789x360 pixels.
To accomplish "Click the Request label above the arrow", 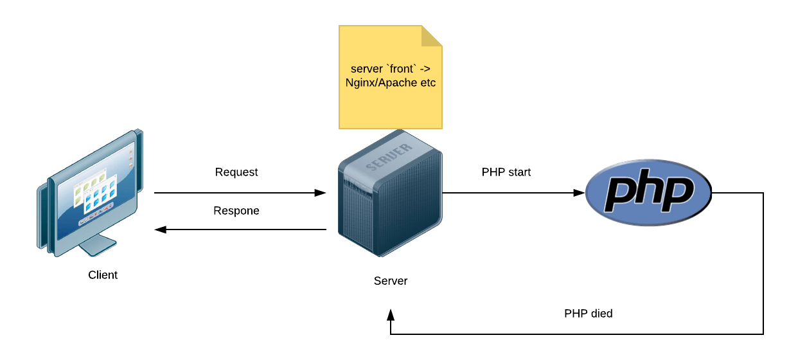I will click(x=236, y=172).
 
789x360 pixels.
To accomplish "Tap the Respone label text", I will click(x=236, y=211).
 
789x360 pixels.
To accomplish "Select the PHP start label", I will click(x=506, y=172).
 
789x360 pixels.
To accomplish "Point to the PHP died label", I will click(x=588, y=314).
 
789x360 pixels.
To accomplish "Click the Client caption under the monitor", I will click(x=103, y=275).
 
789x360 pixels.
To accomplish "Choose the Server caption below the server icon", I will click(x=391, y=281).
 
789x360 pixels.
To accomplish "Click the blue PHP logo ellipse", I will click(x=649, y=192).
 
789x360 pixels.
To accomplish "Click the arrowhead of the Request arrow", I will click(x=321, y=192).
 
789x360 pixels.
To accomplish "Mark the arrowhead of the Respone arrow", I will click(x=161, y=230).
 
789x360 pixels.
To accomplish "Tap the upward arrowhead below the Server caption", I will click(x=391, y=314).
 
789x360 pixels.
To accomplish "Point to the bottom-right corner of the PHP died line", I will click(x=763, y=334).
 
